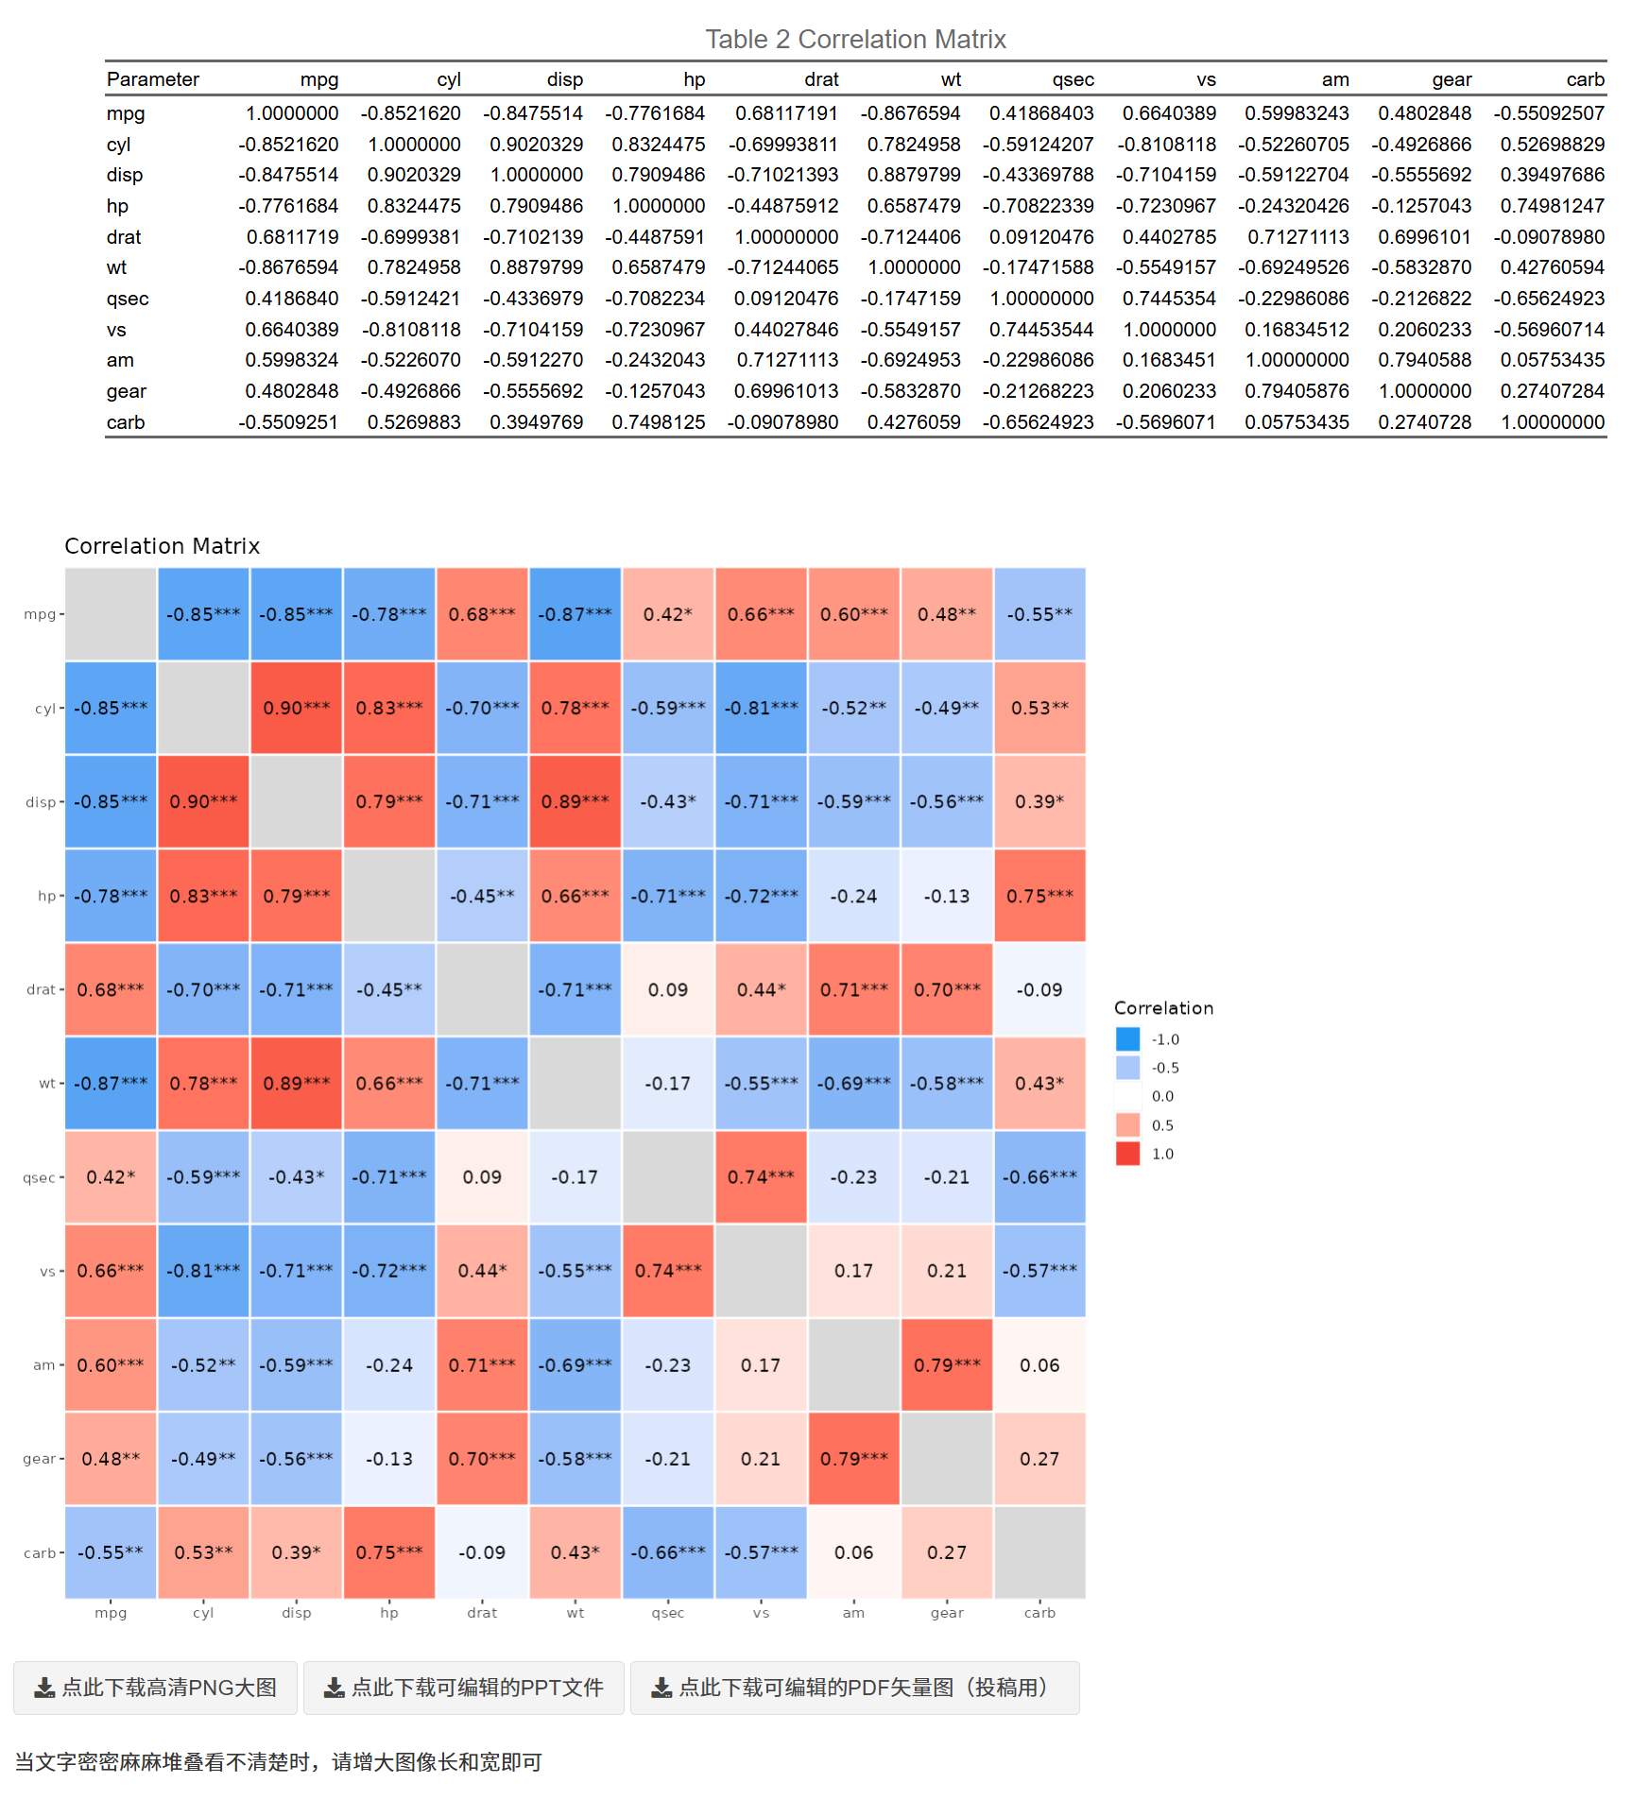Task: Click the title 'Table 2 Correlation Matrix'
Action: click(x=855, y=40)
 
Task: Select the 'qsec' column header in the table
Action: click(x=1073, y=80)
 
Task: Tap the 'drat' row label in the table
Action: click(x=124, y=237)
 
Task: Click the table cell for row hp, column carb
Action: click(x=1552, y=206)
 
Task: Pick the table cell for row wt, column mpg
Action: click(x=288, y=268)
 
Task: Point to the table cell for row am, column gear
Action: click(x=1424, y=360)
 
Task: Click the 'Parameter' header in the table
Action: click(x=153, y=80)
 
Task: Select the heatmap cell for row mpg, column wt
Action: click(x=575, y=614)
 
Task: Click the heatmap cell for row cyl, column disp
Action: click(x=297, y=708)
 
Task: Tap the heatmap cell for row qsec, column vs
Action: click(x=761, y=1176)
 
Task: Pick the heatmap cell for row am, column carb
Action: click(x=1039, y=1364)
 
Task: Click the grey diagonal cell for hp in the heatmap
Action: click(x=389, y=895)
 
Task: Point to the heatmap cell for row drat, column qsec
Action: click(x=668, y=989)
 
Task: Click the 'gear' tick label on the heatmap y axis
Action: click(x=40, y=1459)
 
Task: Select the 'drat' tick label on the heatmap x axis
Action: click(x=482, y=1613)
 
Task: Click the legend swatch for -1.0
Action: click(x=1127, y=1039)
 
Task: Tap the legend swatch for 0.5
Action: click(x=1127, y=1125)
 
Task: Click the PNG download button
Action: click(x=156, y=1688)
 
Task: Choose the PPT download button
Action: click(x=464, y=1688)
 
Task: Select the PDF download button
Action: click(x=854, y=1688)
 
